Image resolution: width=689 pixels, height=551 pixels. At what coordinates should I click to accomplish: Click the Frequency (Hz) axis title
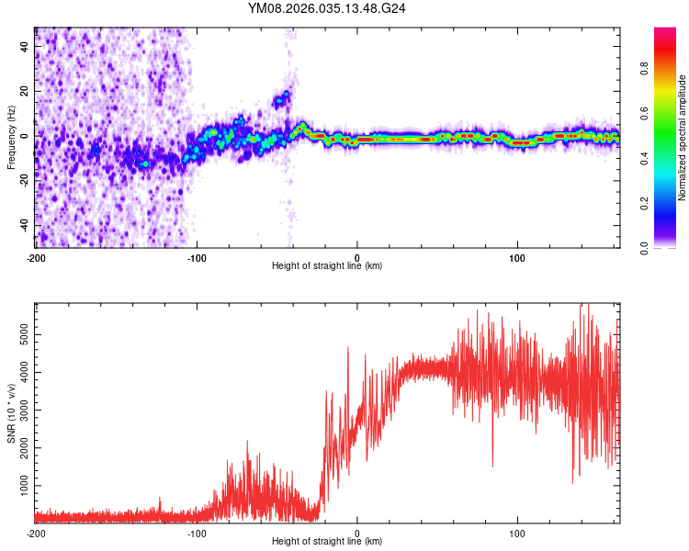click(x=11, y=138)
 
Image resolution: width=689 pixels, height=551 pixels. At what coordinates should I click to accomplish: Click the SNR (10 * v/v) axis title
click(x=11, y=412)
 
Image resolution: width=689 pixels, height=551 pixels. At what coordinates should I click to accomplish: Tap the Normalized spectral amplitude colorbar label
click(x=682, y=138)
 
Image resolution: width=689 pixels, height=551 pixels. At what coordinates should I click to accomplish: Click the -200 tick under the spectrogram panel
click(x=35, y=256)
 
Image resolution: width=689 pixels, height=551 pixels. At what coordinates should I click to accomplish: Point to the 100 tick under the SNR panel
click(x=517, y=533)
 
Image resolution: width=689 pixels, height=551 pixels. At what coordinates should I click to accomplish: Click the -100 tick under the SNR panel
click(x=197, y=533)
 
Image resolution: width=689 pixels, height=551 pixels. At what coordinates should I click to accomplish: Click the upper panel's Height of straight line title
click(x=327, y=266)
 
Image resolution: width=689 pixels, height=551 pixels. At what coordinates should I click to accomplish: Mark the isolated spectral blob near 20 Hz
click(x=282, y=97)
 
